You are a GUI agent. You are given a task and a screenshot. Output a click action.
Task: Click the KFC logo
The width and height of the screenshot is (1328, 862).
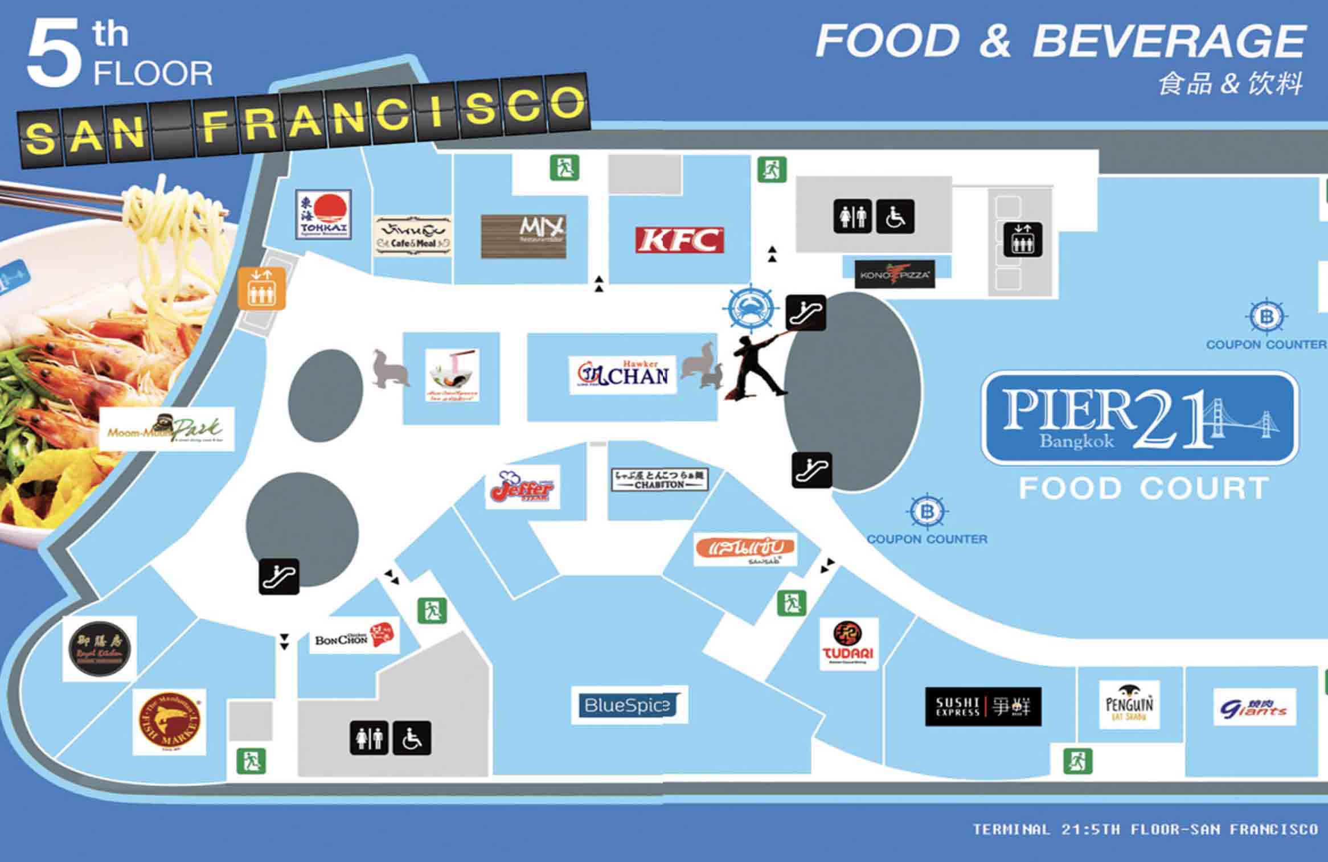(x=679, y=240)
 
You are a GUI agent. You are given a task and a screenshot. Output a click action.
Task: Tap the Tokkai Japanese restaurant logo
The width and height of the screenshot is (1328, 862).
(x=323, y=215)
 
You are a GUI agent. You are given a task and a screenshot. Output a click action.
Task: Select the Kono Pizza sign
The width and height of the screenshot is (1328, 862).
(x=894, y=275)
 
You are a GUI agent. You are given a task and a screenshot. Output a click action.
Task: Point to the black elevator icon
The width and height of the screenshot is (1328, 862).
(x=1023, y=239)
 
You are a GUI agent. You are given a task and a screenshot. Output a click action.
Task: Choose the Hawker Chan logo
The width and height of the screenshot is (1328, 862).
(x=622, y=374)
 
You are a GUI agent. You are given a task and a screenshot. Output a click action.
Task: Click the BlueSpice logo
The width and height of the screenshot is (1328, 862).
(x=629, y=705)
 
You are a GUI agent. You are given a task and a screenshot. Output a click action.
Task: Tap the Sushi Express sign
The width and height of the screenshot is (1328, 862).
(x=983, y=707)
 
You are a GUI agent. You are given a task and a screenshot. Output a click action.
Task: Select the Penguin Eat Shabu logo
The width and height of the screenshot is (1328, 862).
(x=1129, y=704)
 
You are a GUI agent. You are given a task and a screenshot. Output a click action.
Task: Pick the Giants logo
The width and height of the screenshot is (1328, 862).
(x=1254, y=707)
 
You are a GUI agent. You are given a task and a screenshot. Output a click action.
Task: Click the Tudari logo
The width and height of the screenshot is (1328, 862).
(x=849, y=643)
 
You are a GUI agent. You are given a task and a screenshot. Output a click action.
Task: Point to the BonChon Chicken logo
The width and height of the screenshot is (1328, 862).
(x=353, y=637)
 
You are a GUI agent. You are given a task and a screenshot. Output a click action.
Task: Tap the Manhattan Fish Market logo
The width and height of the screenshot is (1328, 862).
(x=170, y=722)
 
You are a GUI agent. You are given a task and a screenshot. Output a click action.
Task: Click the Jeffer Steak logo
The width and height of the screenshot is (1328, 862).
(x=522, y=487)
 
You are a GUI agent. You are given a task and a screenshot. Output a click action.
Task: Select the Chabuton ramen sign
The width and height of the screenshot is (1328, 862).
(x=659, y=479)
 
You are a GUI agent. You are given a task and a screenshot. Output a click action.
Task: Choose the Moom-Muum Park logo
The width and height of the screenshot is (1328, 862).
(x=166, y=429)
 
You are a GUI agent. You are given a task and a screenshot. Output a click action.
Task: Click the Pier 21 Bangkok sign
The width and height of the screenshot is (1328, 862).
(x=1140, y=418)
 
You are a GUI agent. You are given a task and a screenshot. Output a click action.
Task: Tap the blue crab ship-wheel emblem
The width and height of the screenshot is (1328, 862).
(x=751, y=308)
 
